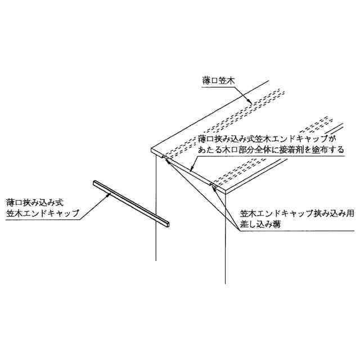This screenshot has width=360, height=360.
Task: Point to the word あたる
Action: point(209,151)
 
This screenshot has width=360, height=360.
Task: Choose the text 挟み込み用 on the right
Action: point(320,214)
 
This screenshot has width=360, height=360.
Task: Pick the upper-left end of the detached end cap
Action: point(93,183)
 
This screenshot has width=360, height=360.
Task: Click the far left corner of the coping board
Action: point(152,150)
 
